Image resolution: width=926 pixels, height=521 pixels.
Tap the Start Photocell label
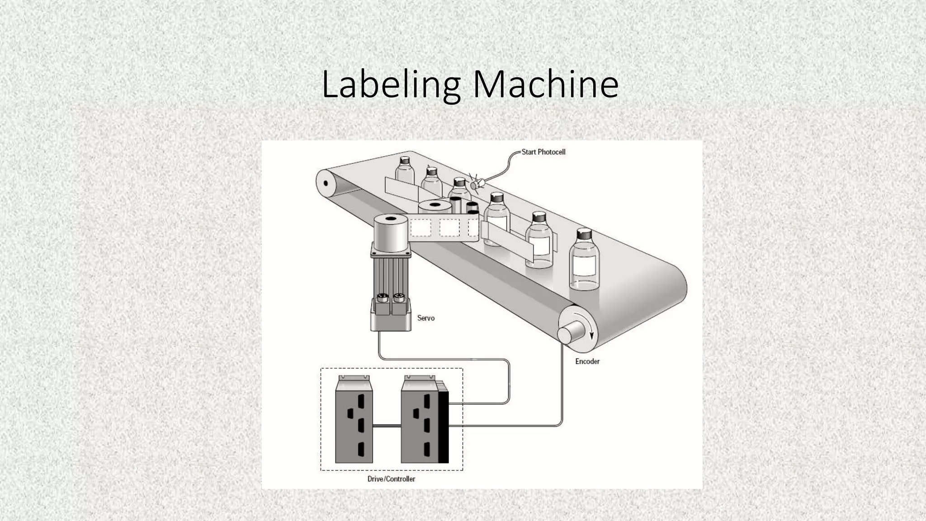pyautogui.click(x=543, y=152)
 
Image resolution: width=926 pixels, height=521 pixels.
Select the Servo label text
pyautogui.click(x=425, y=318)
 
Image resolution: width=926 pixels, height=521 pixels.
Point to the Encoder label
pyautogui.click(x=587, y=361)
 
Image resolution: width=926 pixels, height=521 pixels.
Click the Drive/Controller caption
pyautogui.click(x=391, y=478)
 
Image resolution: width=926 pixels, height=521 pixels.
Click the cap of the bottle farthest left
pyautogui.click(x=404, y=160)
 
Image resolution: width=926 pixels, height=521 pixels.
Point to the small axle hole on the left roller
pyautogui.click(x=325, y=183)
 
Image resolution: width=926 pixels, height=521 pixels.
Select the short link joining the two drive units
pyautogui.click(x=387, y=426)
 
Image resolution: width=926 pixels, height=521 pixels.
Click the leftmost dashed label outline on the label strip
pyautogui.click(x=420, y=228)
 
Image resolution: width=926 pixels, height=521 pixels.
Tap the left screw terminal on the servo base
pyautogui.click(x=383, y=298)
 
